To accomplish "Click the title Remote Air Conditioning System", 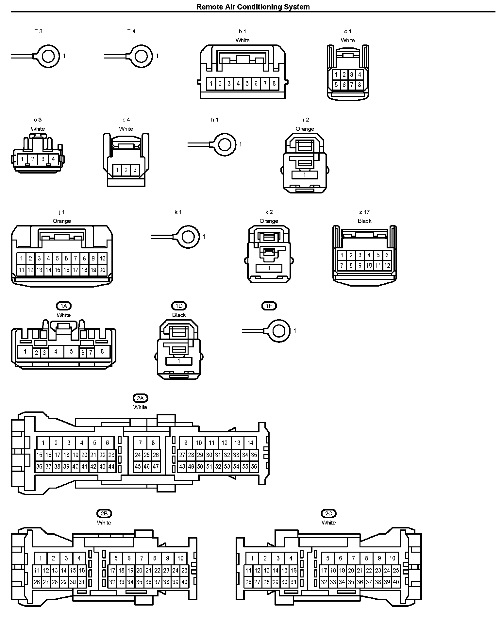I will [253, 7].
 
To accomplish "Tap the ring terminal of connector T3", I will [48, 56].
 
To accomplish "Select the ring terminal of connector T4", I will [141, 56].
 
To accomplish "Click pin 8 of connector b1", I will [274, 84].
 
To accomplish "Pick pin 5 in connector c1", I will [336, 85].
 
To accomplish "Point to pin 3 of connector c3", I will [43, 159].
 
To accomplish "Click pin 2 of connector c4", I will [126, 170].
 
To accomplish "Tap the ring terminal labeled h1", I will [225, 144].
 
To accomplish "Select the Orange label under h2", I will [305, 129].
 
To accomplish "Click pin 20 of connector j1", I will [102, 270].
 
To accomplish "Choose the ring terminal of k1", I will [188, 237].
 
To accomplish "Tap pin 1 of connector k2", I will [269, 268].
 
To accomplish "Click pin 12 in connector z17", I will [387, 265].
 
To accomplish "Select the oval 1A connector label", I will [64, 306].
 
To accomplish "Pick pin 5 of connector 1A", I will [71, 352].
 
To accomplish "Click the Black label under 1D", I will [179, 315].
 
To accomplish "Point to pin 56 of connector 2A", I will [254, 467].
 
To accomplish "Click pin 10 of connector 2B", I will [180, 558].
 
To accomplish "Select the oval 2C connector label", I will [328, 513].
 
